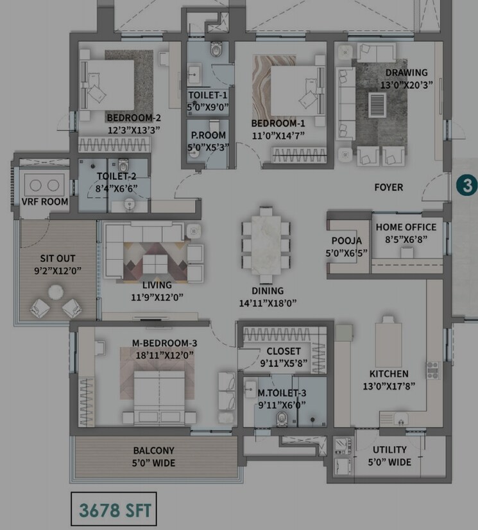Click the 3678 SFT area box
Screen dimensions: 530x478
coord(115,510)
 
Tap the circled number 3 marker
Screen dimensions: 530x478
coord(466,185)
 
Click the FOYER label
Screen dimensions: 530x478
coord(389,187)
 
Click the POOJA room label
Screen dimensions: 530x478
coord(346,241)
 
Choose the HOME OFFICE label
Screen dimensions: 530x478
coord(405,227)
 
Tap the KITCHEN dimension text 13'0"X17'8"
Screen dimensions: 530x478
coord(389,386)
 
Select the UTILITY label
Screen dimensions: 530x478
coord(389,450)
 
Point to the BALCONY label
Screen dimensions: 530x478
coord(153,451)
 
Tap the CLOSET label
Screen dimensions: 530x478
coord(283,351)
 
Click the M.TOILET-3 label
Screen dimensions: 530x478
coord(282,393)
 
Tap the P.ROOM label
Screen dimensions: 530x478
coord(208,135)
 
